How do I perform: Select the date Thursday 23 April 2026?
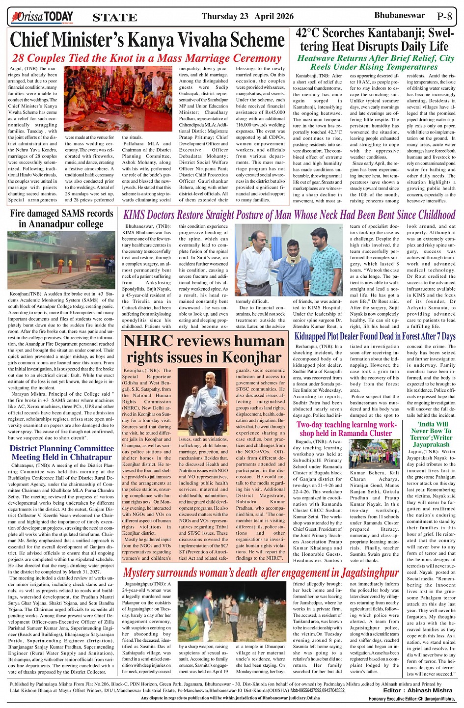click(x=247, y=17)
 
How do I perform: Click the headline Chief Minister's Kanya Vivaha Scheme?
click(x=147, y=40)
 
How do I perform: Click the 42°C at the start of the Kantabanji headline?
click(x=312, y=34)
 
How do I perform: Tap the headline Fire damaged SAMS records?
click(x=62, y=219)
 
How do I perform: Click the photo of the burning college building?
click(x=62, y=260)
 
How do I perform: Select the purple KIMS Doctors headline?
click(x=289, y=215)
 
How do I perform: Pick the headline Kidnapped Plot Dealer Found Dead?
click(x=375, y=336)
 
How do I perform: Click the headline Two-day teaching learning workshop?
click(x=346, y=429)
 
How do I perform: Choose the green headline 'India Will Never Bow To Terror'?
click(x=432, y=434)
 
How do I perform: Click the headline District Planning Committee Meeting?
click(x=62, y=453)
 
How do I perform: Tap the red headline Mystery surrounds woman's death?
click(x=260, y=573)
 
